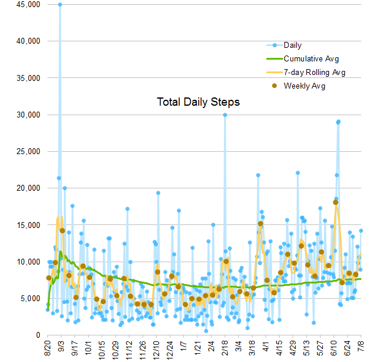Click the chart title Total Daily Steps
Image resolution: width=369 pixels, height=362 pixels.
click(x=198, y=102)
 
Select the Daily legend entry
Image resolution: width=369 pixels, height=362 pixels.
click(x=293, y=45)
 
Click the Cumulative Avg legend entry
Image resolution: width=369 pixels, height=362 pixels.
click(x=311, y=58)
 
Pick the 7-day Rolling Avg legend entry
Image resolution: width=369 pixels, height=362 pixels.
click(x=315, y=73)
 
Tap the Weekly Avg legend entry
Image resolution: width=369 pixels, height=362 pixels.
click(x=305, y=86)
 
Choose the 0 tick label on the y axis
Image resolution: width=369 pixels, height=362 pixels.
click(x=37, y=335)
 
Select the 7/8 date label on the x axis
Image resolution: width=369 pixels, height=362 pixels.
click(x=360, y=348)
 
